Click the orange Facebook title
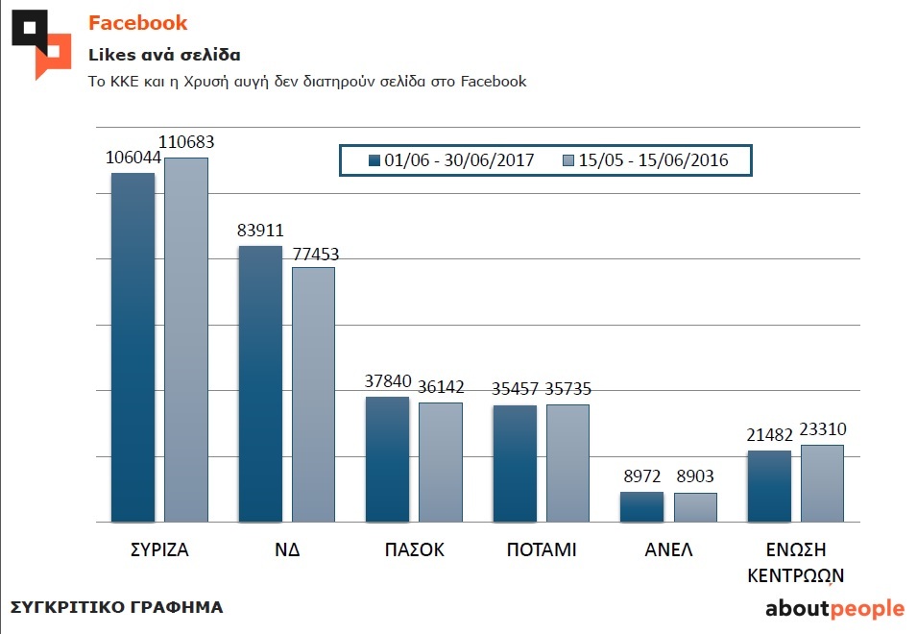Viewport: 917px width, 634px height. pyautogui.click(x=138, y=23)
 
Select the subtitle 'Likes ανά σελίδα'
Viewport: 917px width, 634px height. pyautogui.click(x=164, y=54)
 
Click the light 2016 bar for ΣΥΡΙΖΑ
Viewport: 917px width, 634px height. pyautogui.click(x=186, y=340)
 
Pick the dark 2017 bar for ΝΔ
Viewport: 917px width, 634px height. pyautogui.click(x=259, y=384)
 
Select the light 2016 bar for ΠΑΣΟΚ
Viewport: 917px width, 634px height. pyautogui.click(x=441, y=462)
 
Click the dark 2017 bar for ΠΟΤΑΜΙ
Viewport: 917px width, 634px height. pyautogui.click(x=515, y=464)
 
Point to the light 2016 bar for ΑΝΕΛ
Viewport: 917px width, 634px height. pyautogui.click(x=695, y=507)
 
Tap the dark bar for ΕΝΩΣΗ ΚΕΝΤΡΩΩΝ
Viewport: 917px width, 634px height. pyautogui.click(x=769, y=486)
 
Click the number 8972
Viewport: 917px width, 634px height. pyautogui.click(x=641, y=476)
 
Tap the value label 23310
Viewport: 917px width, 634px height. pyautogui.click(x=822, y=429)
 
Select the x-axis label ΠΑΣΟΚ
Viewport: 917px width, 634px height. pyautogui.click(x=414, y=550)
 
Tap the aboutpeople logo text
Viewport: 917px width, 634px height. pyautogui.click(x=833, y=608)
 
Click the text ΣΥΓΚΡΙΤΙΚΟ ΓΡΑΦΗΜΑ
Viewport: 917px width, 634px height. pyautogui.click(x=116, y=607)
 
